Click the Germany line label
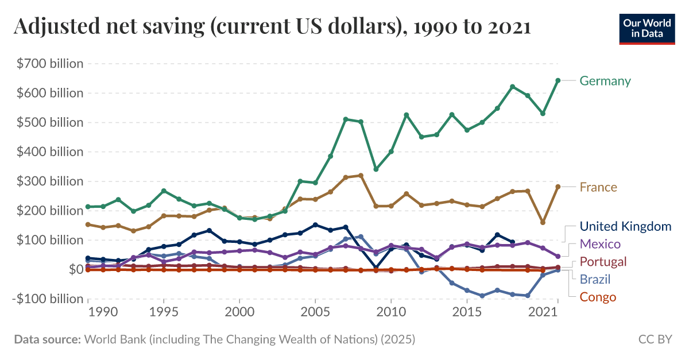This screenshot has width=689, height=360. coord(605,81)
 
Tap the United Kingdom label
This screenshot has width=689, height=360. coord(625,226)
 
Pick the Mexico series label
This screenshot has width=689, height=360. coord(600,244)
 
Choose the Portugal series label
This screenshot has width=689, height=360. coord(603,262)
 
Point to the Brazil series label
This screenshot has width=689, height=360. coord(595,280)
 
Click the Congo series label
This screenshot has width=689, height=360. coord(598,297)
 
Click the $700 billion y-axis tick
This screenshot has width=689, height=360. coord(50,64)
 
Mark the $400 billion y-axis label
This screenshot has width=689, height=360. coord(50,152)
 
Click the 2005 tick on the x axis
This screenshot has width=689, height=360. coord(315,312)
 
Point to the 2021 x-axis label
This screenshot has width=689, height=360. coord(543,312)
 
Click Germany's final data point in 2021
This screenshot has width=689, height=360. coord(558,80)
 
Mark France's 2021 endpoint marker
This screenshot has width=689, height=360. coord(558,187)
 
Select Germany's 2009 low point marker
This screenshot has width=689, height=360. coord(376,169)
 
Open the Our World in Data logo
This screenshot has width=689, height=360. coord(647,29)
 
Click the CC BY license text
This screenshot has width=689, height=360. coord(655,339)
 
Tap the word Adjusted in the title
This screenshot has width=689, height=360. coord(51,27)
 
